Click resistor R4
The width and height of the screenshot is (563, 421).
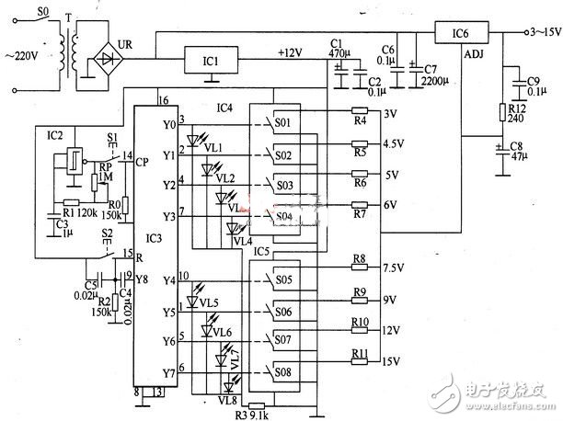click(x=361, y=115)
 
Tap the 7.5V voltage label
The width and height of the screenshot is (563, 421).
click(x=394, y=267)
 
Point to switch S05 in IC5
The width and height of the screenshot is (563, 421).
click(x=283, y=279)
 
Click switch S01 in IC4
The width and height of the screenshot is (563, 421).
click(x=283, y=122)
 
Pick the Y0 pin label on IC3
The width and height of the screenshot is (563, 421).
click(x=168, y=124)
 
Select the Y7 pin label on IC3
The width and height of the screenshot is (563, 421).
click(x=168, y=373)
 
